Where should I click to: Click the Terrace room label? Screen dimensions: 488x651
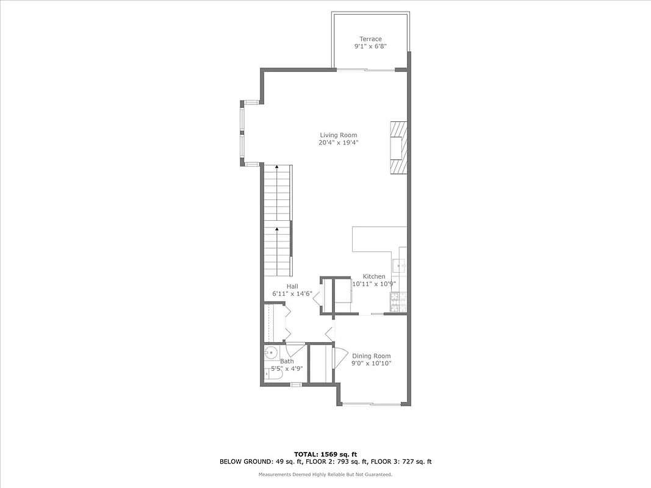click(x=370, y=39)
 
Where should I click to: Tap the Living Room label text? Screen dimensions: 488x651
click(x=339, y=135)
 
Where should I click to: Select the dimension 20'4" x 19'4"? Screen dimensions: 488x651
click(x=339, y=143)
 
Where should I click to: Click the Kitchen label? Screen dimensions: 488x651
click(x=374, y=276)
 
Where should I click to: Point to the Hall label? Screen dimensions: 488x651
click(x=292, y=286)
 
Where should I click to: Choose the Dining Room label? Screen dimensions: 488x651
click(x=371, y=356)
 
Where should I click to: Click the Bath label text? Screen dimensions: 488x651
click(x=287, y=362)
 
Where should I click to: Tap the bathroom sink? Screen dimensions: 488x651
click(x=272, y=352)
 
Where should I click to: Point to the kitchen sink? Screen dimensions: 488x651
click(x=400, y=266)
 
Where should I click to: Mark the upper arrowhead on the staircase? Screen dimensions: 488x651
click(x=277, y=168)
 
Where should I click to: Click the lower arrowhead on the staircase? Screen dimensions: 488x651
click(x=277, y=230)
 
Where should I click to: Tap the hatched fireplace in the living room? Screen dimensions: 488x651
click(x=397, y=148)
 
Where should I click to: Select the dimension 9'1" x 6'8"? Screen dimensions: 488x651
click(x=370, y=46)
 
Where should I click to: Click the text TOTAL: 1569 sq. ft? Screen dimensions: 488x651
click(x=325, y=454)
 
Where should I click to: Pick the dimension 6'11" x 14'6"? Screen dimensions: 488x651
click(x=292, y=293)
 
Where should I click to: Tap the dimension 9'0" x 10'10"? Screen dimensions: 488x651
click(x=371, y=364)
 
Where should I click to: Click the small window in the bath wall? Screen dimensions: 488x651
click(x=296, y=384)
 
